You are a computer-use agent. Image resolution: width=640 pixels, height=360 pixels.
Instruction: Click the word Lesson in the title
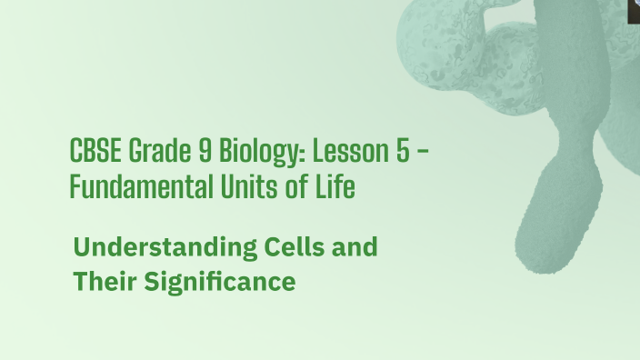(x=343, y=152)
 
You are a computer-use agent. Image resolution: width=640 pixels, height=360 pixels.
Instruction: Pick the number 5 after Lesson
(x=401, y=152)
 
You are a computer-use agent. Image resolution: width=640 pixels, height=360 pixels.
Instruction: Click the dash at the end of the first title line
(x=423, y=153)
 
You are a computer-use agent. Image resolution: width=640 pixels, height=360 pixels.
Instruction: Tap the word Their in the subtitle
(x=104, y=282)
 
